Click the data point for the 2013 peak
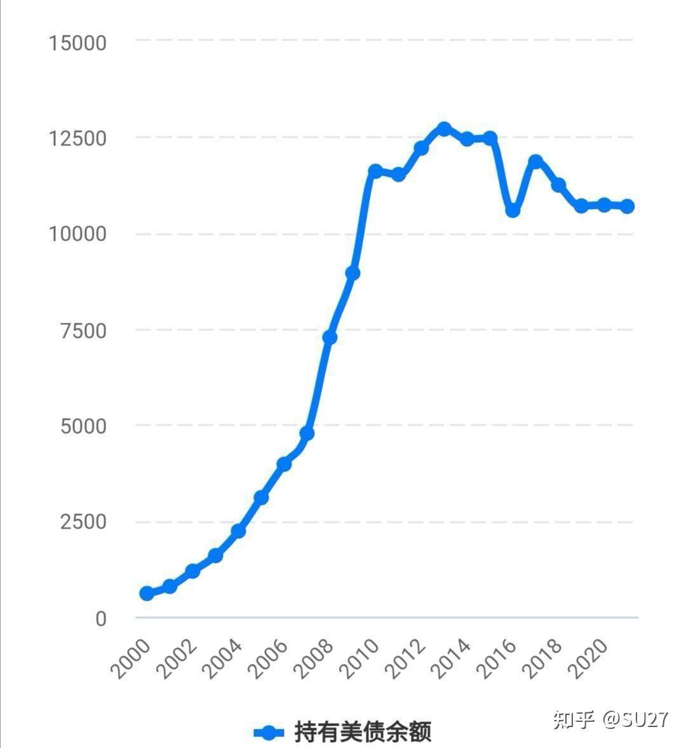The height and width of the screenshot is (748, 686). [444, 129]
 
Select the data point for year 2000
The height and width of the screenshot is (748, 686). [147, 593]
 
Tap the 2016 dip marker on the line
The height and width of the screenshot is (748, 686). [513, 210]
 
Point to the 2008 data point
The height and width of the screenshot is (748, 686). [330, 337]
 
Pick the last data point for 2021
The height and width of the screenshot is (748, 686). [627, 206]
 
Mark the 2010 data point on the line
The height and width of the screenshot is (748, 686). [375, 171]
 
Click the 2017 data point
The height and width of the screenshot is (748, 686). [535, 161]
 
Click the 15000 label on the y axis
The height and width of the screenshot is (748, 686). [77, 43]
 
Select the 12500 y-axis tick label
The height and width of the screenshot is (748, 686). [77, 139]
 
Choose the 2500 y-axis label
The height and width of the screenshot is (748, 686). [83, 522]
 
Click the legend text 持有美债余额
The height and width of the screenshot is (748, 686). [363, 732]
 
